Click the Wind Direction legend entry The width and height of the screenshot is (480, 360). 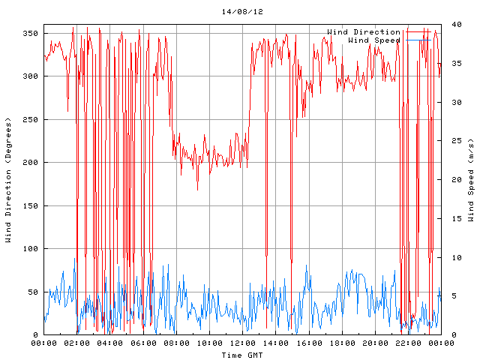pos(364,31)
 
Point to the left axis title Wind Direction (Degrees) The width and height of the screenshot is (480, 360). pos(8,180)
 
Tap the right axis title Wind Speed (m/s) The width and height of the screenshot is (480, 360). pos(471,180)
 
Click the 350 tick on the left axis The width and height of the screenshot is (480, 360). pos(30,34)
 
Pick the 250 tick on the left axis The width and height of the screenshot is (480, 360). pos(30,120)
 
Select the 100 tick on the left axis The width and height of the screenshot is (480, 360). pos(30,249)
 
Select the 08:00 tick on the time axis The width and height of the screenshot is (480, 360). pos(176,343)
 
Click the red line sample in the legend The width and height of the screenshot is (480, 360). pos(420,31)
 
